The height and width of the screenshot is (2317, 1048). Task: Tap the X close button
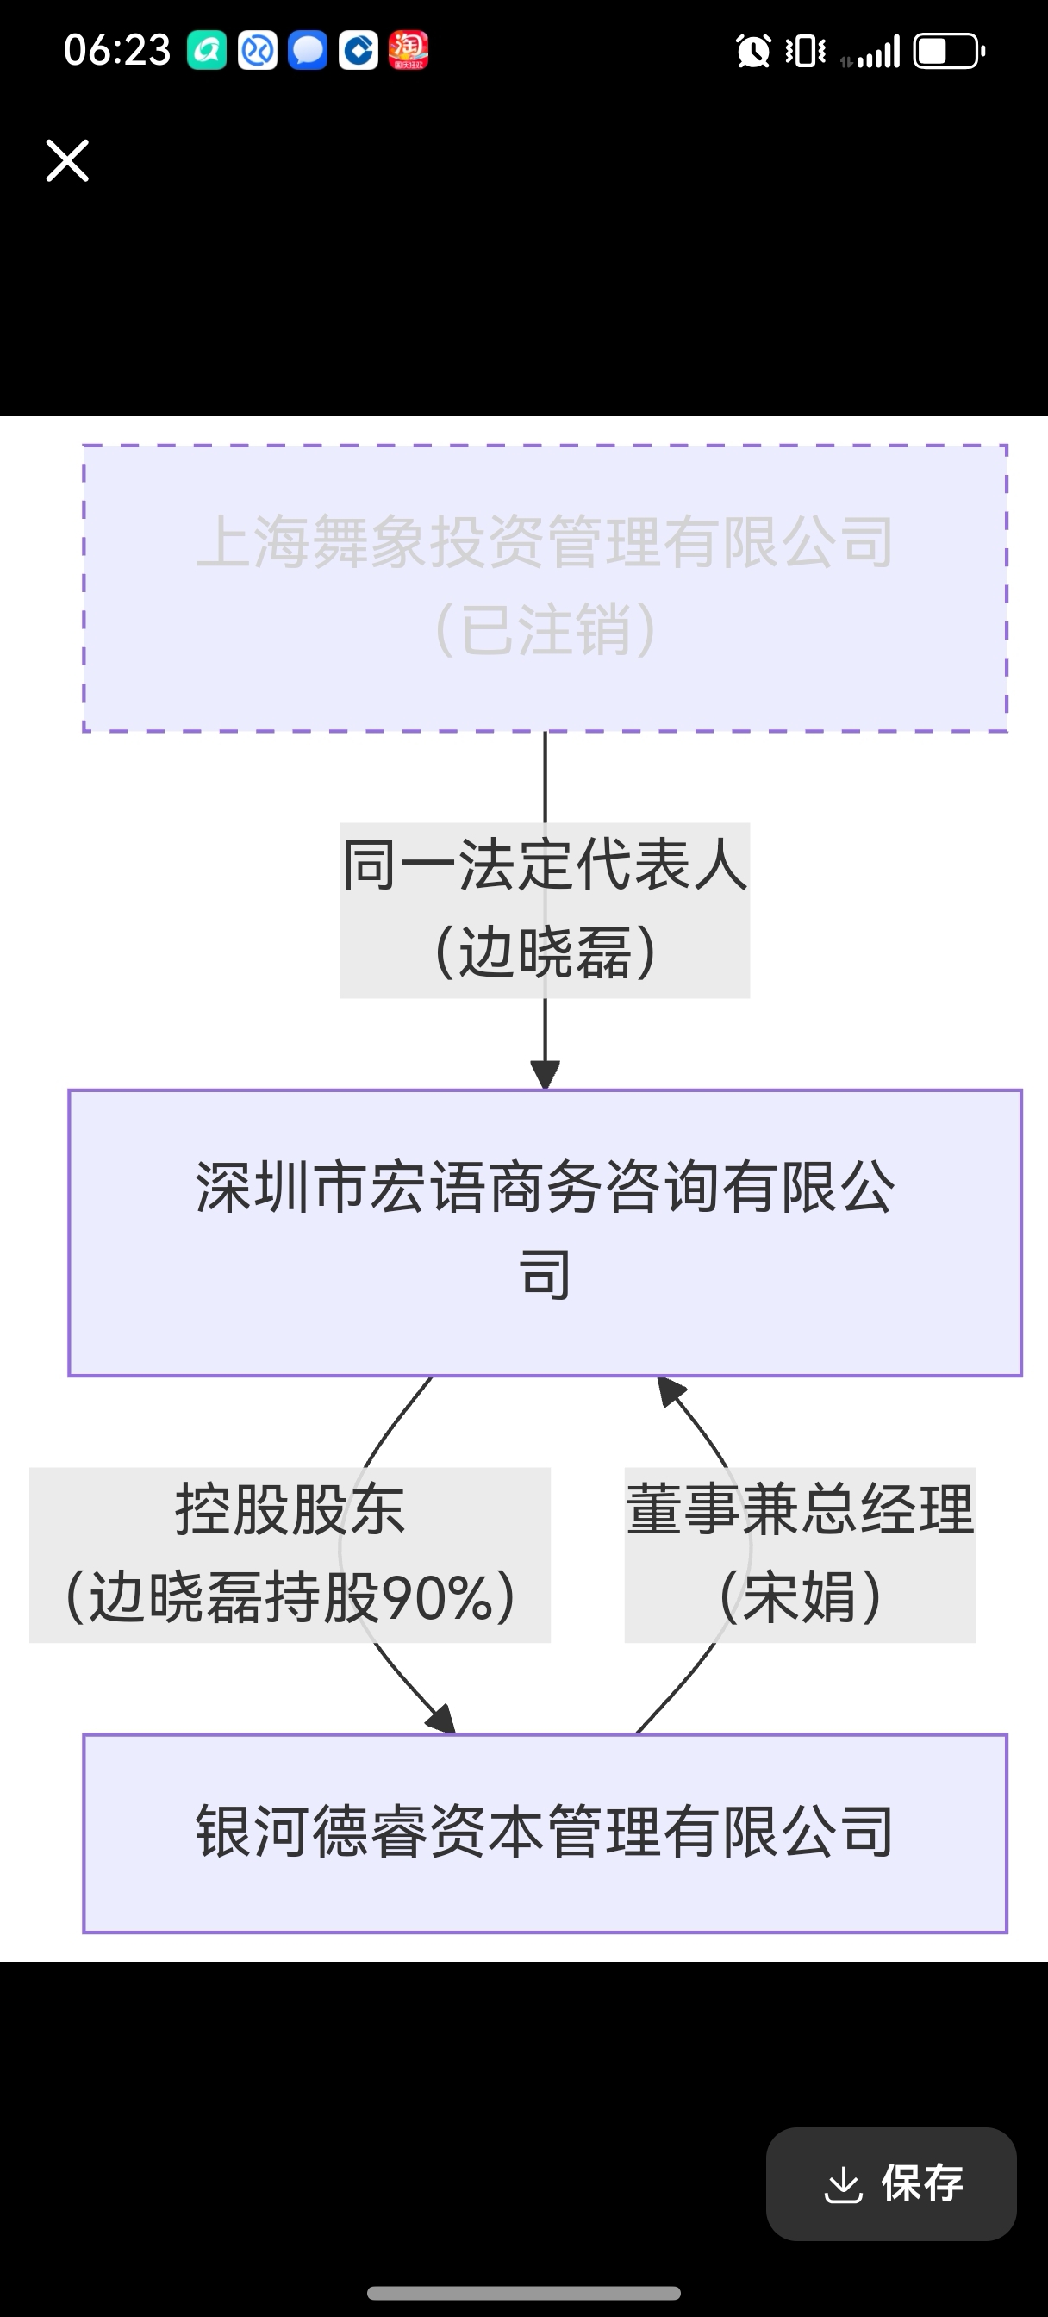point(67,161)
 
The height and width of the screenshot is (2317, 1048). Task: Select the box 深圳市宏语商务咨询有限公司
point(546,1233)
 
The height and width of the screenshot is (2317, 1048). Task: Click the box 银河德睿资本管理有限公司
point(546,1833)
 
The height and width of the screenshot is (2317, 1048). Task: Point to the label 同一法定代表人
point(546,865)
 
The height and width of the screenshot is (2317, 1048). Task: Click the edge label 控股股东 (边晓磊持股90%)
point(290,1554)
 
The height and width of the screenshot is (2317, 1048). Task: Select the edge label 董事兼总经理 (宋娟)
point(800,1554)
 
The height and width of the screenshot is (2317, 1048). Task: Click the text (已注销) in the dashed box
point(546,629)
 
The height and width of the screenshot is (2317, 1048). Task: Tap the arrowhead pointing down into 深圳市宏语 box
point(546,1075)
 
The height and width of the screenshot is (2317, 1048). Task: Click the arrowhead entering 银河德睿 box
point(441,1719)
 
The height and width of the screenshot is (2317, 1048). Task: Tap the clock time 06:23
point(117,50)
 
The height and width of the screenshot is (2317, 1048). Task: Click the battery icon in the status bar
point(949,51)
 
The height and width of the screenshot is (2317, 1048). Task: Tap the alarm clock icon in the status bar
point(753,51)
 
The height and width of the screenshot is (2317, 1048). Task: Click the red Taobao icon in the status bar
point(409,50)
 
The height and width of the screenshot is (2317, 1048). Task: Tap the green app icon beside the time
point(206,50)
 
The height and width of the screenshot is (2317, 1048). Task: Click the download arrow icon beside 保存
point(843,2184)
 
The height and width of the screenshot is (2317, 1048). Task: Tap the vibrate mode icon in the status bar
point(805,51)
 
